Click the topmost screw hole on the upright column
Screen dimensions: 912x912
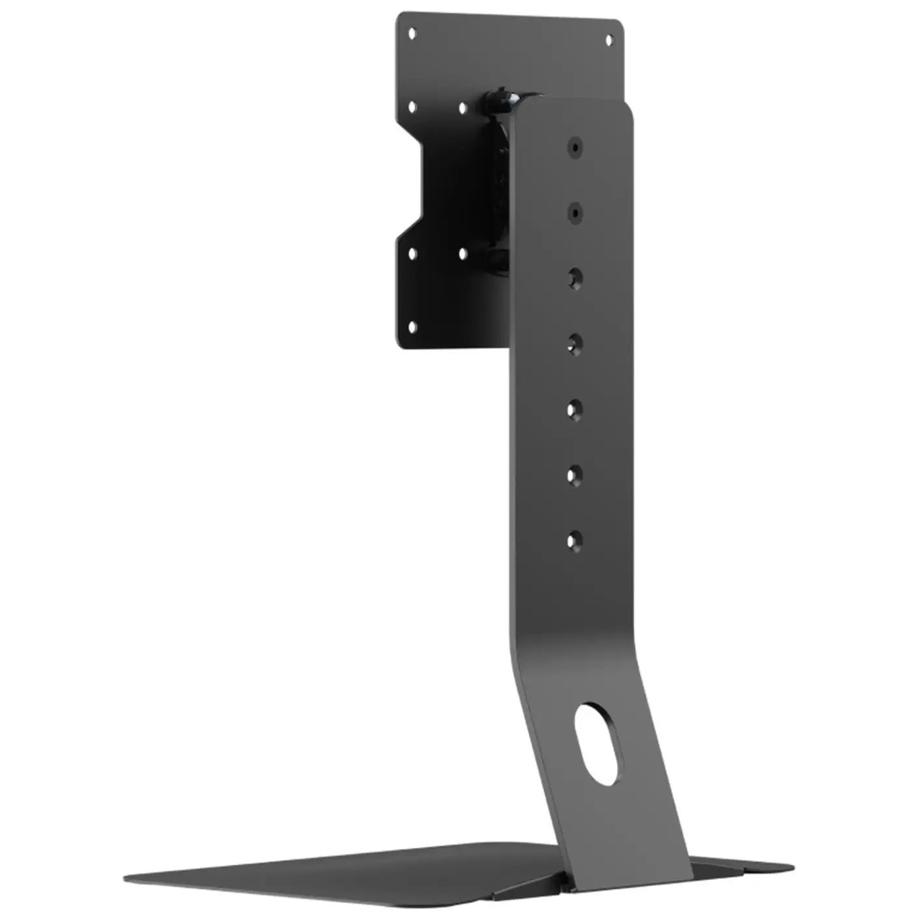pyautogui.click(x=575, y=147)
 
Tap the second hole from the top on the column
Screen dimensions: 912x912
pyautogui.click(x=575, y=212)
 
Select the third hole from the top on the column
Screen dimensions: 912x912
pyautogui.click(x=575, y=278)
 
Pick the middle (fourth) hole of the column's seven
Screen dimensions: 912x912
pyautogui.click(x=575, y=343)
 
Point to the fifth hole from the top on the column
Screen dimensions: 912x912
pyautogui.click(x=574, y=410)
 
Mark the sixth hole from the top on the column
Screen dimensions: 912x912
pyautogui.click(x=574, y=475)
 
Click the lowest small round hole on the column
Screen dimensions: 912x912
pyautogui.click(x=574, y=540)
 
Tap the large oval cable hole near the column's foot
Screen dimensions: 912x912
pyautogui.click(x=599, y=743)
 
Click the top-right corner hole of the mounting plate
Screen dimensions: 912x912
pyautogui.click(x=609, y=40)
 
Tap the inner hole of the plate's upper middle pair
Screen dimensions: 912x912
pyautogui.click(x=463, y=108)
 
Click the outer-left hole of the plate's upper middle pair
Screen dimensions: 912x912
pyautogui.click(x=412, y=106)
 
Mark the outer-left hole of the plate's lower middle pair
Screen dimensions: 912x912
pyautogui.click(x=412, y=254)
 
